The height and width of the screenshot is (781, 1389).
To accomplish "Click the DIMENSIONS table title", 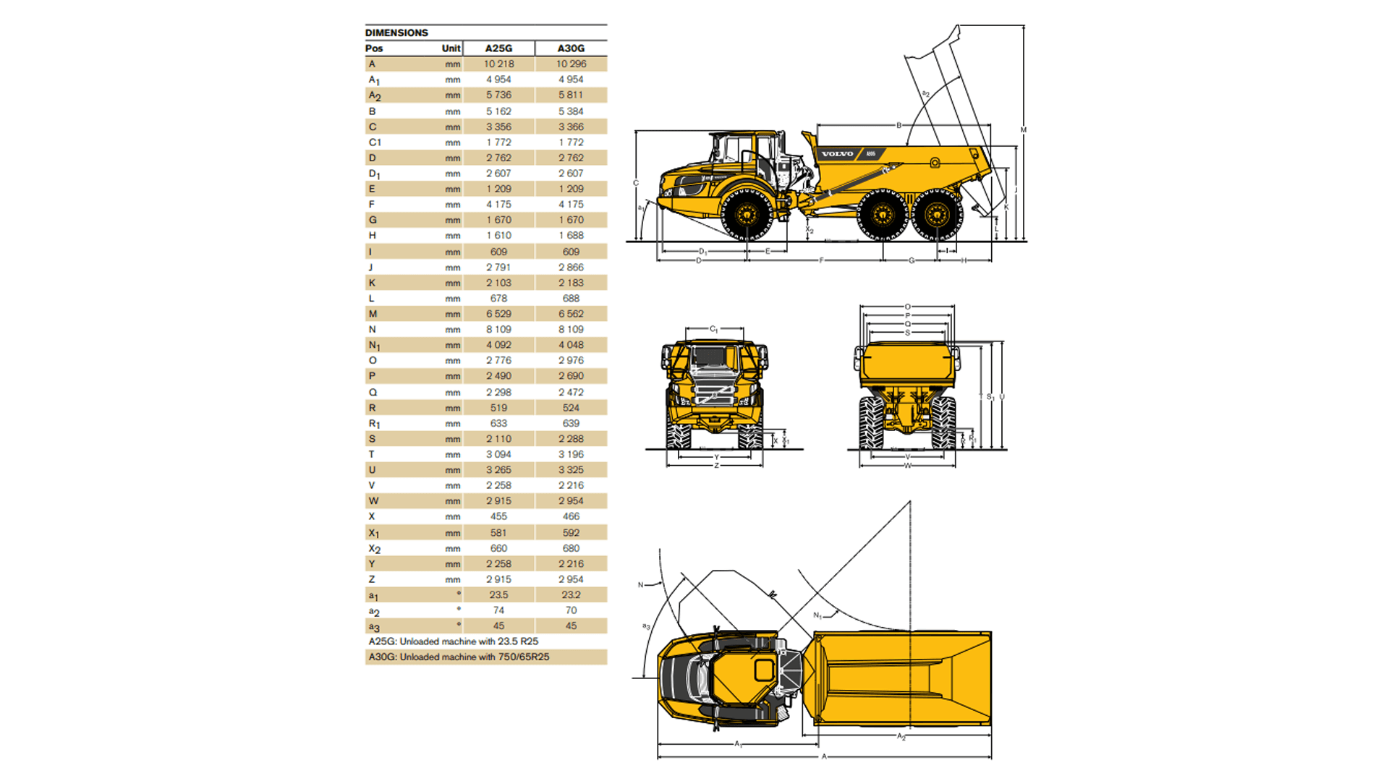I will tap(396, 33).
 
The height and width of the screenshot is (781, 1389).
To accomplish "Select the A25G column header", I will tap(498, 48).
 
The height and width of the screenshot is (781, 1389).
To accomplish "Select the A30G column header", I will tap(571, 48).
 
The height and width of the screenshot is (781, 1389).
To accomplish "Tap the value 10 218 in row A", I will tap(498, 64).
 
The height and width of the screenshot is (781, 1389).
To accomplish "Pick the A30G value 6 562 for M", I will tap(571, 314).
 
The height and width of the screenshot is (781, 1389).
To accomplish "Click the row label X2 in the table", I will tap(374, 549).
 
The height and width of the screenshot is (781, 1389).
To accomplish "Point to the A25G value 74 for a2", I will tap(498, 610).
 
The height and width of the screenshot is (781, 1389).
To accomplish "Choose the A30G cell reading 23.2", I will tap(571, 594).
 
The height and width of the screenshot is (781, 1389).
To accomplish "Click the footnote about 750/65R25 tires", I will tap(459, 657).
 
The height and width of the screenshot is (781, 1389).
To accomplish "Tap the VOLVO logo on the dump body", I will tap(837, 154).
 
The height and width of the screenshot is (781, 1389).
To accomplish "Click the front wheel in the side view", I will tap(746, 214).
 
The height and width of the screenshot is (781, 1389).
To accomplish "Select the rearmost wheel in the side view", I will tap(937, 214).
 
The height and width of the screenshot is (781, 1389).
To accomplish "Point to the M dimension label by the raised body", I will tap(1024, 130).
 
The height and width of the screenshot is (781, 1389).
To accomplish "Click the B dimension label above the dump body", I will tap(899, 125).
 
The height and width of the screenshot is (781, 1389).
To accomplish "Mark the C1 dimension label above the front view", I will tap(713, 329).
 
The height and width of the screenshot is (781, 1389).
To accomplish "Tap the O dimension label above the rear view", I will tap(908, 307).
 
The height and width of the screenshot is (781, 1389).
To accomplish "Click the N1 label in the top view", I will tap(817, 615).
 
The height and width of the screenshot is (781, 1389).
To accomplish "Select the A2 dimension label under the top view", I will tap(901, 737).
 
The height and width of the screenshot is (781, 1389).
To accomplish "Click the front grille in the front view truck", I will tap(714, 394).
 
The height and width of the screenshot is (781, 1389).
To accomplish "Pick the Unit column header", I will tap(451, 48).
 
